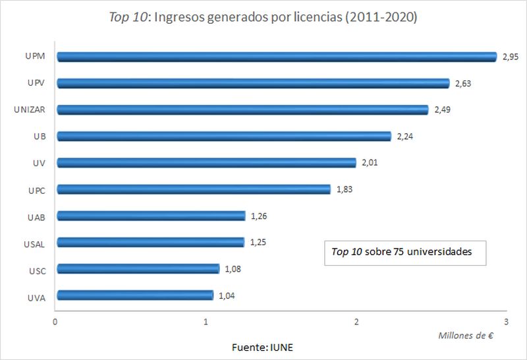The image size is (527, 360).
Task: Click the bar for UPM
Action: (277, 57)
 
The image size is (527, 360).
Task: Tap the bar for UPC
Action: (194, 189)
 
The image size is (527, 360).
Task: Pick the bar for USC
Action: (138, 268)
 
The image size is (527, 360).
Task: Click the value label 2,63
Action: (464, 84)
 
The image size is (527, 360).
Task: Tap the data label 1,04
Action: (227, 295)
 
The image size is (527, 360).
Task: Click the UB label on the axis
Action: (39, 136)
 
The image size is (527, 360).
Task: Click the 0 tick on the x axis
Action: (55, 321)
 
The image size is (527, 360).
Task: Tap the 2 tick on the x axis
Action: (356, 321)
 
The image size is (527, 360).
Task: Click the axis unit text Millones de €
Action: (465, 335)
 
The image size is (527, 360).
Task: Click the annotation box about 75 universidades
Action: (404, 252)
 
